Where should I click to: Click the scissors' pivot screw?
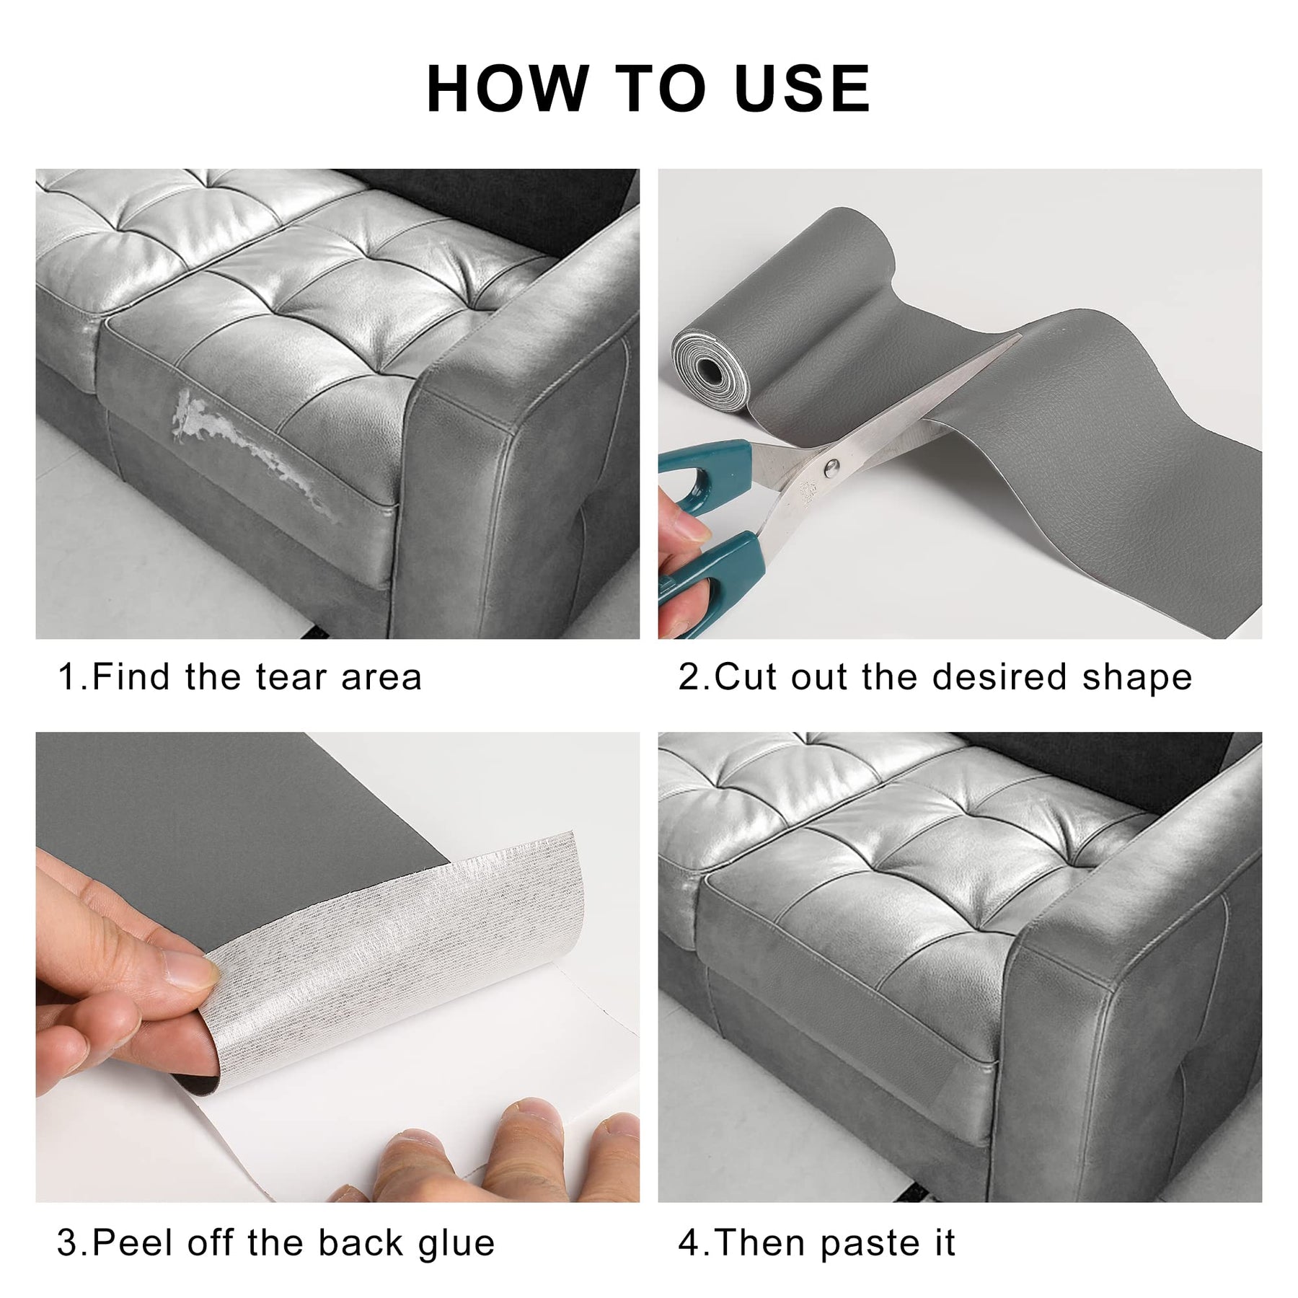[832, 467]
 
